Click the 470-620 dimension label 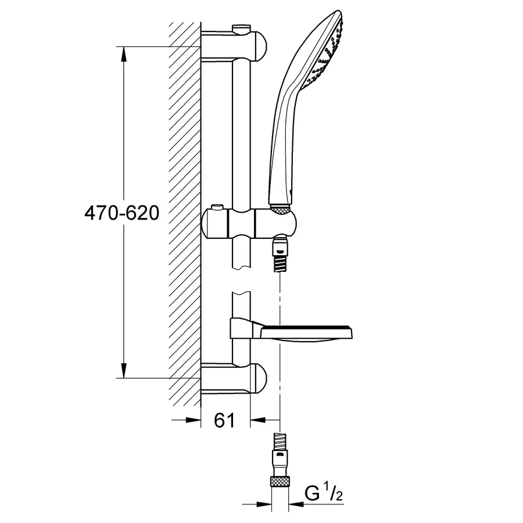[121, 213]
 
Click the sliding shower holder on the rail [250, 224]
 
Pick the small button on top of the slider [218, 207]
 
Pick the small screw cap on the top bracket [239, 27]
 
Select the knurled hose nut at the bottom [280, 481]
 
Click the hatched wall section [185, 209]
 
